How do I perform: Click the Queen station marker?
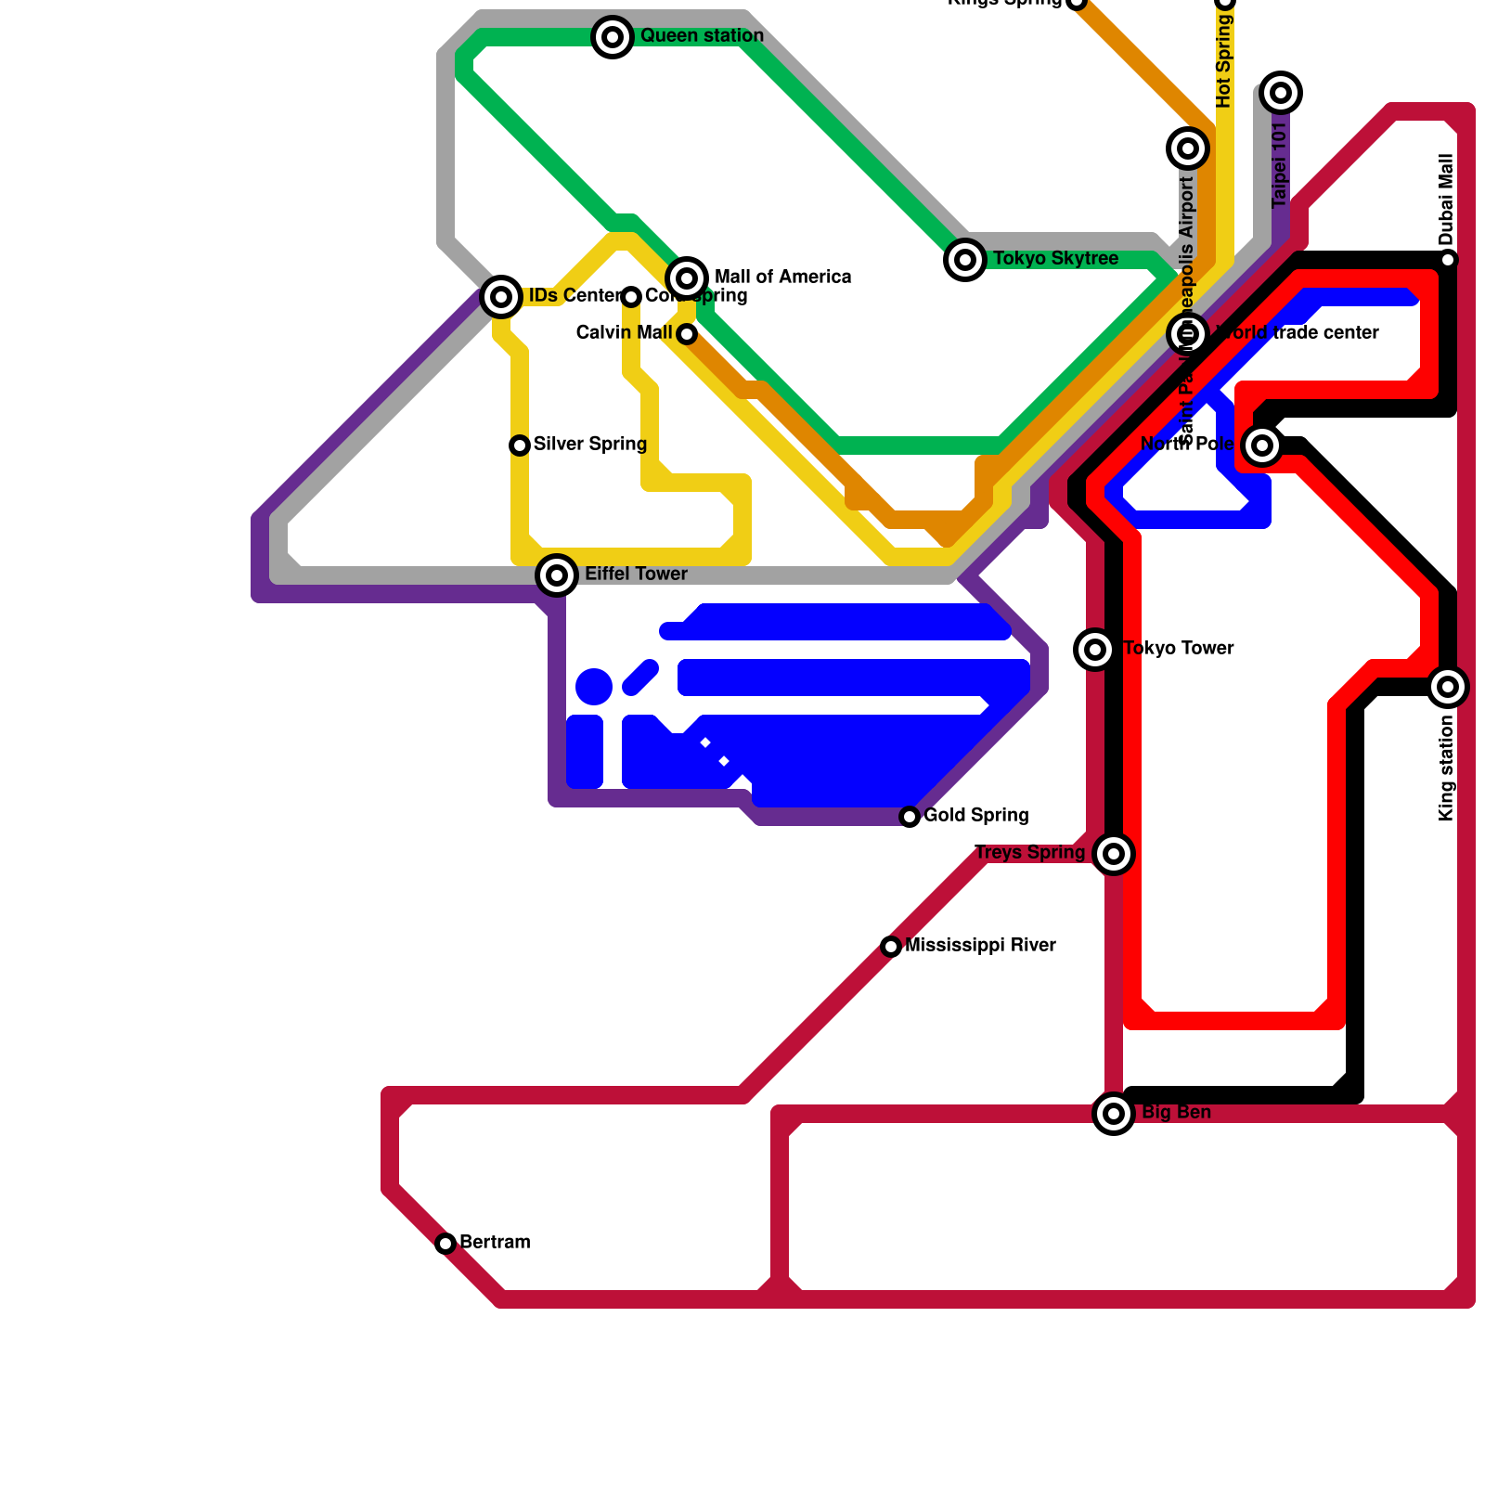point(613,37)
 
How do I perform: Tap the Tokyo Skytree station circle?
point(965,259)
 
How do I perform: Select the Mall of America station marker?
point(687,278)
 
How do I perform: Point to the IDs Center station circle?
point(501,297)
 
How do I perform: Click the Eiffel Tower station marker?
point(557,575)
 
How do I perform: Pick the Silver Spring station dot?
point(520,445)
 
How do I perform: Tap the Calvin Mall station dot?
point(687,334)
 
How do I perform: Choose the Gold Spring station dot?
point(910,817)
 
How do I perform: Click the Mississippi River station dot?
point(891,947)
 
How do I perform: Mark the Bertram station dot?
point(445,1244)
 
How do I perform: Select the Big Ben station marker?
point(1114,1114)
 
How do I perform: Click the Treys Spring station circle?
point(1114,854)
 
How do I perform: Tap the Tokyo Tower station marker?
point(1095,650)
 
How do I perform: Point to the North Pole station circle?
point(1262,445)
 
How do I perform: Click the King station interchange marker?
point(1448,687)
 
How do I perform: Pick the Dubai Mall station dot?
point(1448,260)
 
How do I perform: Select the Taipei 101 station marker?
point(1281,93)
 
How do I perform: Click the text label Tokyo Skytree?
point(1055,259)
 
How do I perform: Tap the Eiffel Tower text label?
point(636,575)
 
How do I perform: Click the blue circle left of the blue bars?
point(594,687)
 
